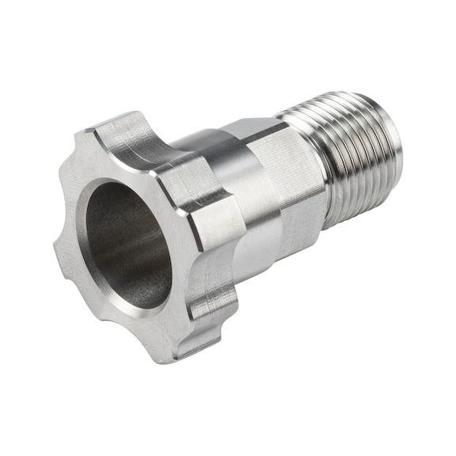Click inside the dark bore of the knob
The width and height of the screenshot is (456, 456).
click(x=127, y=241)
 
